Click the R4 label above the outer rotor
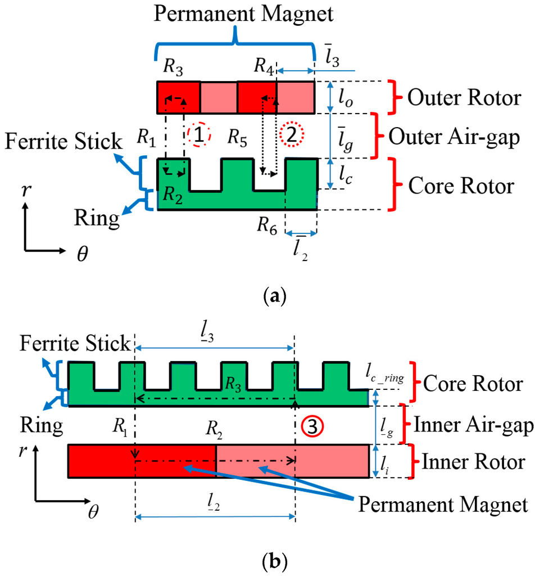(x=265, y=66)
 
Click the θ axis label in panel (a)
(x=81, y=255)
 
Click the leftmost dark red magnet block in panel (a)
(x=178, y=97)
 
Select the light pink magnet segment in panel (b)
(x=292, y=461)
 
